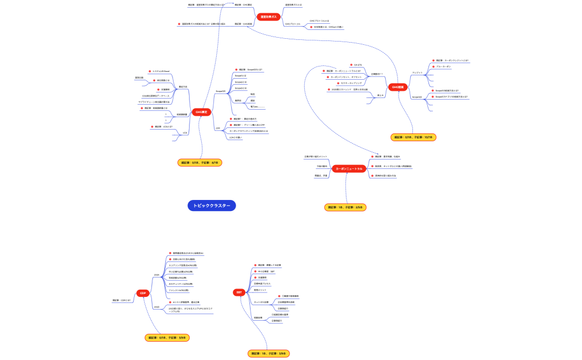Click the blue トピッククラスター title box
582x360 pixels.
(x=212, y=205)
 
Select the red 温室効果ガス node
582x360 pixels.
(x=269, y=17)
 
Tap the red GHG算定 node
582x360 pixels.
(x=201, y=112)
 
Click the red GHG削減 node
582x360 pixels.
(x=398, y=87)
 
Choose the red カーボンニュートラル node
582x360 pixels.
(x=349, y=169)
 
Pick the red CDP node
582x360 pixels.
(x=143, y=293)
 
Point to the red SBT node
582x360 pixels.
(x=239, y=292)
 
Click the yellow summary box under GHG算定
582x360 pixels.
(x=200, y=163)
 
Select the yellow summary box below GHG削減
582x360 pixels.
(x=413, y=137)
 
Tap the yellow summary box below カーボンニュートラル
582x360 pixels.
(x=345, y=207)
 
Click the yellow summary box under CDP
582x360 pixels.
(x=167, y=337)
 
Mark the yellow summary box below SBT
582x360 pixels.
(x=269, y=353)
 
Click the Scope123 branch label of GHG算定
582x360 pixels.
(x=221, y=91)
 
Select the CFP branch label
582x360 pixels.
(x=218, y=128)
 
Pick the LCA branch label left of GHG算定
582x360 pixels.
(x=185, y=133)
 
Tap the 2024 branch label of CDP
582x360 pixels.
(x=157, y=275)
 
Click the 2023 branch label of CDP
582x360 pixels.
(x=157, y=307)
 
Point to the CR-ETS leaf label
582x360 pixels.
(x=358, y=65)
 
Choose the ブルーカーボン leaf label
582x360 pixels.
(x=443, y=66)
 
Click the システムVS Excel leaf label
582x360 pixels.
(x=161, y=71)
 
